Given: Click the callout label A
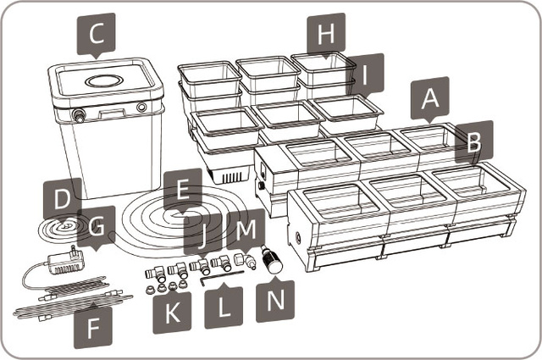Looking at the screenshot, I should click(x=430, y=98).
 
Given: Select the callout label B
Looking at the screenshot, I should click(x=472, y=142).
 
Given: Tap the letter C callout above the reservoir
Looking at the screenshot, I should click(x=97, y=35).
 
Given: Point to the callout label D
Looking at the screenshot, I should click(x=61, y=200).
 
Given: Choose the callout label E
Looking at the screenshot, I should click(x=177, y=189).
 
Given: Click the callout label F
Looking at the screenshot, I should click(x=91, y=324).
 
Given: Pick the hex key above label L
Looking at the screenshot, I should click(x=223, y=273).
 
